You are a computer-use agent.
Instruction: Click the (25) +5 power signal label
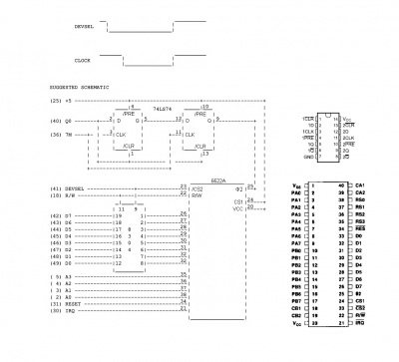point(61,101)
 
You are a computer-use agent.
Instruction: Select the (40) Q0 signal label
point(61,121)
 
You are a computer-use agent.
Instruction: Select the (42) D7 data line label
point(61,214)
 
